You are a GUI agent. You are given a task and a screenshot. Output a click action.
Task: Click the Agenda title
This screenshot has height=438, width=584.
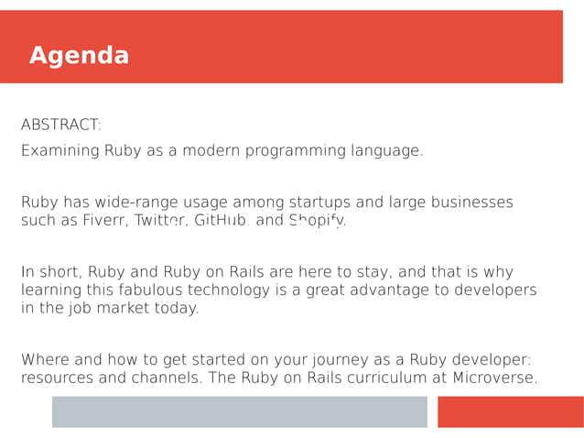tap(79, 56)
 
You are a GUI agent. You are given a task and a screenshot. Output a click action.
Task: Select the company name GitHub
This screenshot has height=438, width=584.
tap(222, 221)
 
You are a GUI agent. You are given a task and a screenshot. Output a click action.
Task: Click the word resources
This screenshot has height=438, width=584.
tap(59, 378)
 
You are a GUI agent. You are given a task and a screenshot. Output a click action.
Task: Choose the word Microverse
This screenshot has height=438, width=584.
tap(494, 378)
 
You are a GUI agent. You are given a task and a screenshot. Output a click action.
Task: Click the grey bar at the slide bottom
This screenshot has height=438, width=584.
tap(239, 411)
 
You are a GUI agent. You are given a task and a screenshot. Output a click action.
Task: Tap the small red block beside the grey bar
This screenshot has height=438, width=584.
tap(510, 411)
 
